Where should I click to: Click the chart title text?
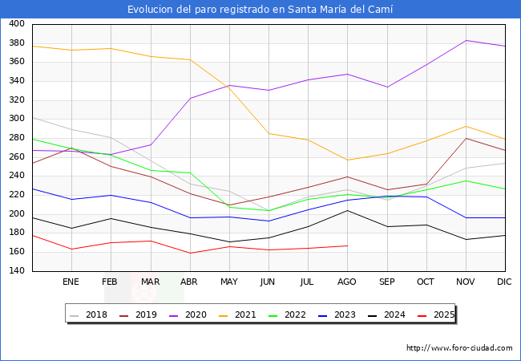click(260, 10)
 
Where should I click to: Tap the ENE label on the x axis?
click(71, 282)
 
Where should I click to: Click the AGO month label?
click(347, 282)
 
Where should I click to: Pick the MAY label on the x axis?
click(228, 282)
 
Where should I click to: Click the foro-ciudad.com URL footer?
click(459, 348)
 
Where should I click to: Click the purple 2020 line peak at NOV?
click(466, 40)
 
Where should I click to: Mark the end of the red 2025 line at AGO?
click(347, 245)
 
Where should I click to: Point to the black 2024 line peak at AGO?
click(347, 210)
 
